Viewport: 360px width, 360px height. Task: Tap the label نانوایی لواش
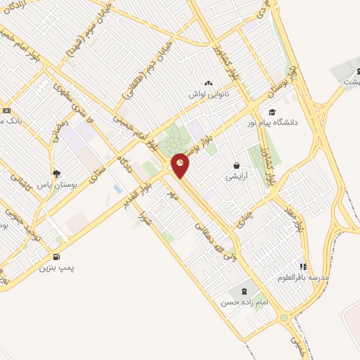pyautogui.click(x=209, y=94)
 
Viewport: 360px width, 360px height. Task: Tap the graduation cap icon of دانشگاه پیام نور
pyautogui.click(x=273, y=112)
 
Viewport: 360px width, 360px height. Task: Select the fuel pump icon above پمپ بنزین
pyautogui.click(x=57, y=257)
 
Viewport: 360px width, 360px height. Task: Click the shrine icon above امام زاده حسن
pyautogui.click(x=244, y=291)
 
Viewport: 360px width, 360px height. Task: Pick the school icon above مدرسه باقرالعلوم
pyautogui.click(x=304, y=266)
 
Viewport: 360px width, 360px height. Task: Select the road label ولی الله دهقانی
pyautogui.click(x=214, y=238)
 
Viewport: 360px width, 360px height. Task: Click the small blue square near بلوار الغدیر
pyautogui.click(x=117, y=188)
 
